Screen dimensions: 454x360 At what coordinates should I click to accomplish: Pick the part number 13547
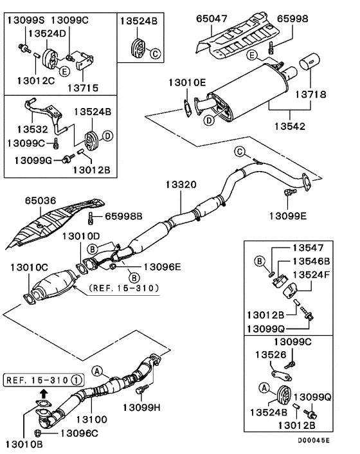(x=311, y=248)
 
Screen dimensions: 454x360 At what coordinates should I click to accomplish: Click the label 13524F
(x=311, y=274)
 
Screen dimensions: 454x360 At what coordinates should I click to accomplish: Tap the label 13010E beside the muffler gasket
(x=187, y=82)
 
